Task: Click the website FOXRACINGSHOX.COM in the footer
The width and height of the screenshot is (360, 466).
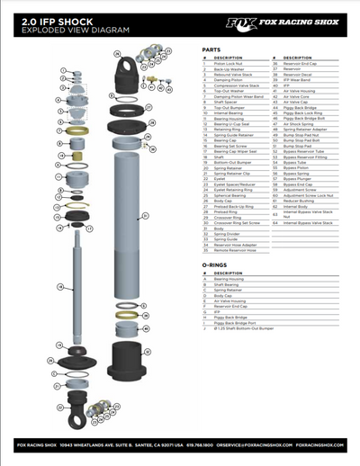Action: point(320,445)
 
